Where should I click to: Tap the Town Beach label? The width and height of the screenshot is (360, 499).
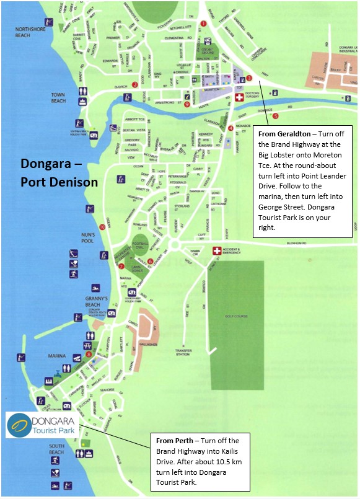click(58, 97)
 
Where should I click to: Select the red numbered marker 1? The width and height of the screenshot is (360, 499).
click(203, 24)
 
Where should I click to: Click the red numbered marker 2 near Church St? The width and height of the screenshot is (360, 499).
click(134, 85)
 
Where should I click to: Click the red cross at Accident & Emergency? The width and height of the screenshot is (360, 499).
click(216, 251)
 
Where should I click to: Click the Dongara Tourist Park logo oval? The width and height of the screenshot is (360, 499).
click(20, 425)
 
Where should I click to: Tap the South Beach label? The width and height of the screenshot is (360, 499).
click(56, 449)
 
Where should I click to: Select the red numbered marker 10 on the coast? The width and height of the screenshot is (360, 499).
click(102, 226)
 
